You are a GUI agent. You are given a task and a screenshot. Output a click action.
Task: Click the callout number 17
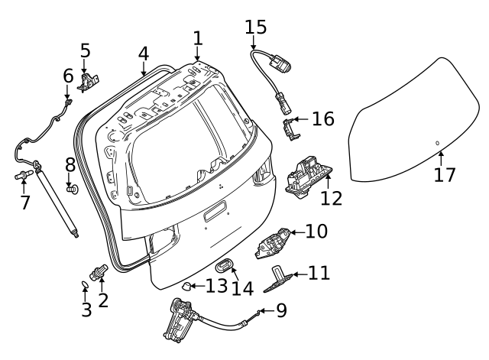444,174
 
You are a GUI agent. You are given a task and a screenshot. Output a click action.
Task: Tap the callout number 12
331,198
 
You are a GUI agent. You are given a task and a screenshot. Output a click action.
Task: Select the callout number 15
256,28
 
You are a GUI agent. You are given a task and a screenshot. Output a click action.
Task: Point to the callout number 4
144,54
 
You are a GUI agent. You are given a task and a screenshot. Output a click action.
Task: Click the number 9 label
281,311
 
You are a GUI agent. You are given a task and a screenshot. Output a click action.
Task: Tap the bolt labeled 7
23,177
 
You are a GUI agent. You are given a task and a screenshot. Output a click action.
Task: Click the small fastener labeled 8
72,186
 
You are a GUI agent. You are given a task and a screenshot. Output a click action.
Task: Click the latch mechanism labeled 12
306,176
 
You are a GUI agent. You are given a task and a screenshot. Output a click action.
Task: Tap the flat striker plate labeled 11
280,280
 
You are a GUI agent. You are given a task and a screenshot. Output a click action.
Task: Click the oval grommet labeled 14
224,266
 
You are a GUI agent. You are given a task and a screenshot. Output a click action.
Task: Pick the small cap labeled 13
185,287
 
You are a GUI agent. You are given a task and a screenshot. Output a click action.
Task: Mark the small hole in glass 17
437,143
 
